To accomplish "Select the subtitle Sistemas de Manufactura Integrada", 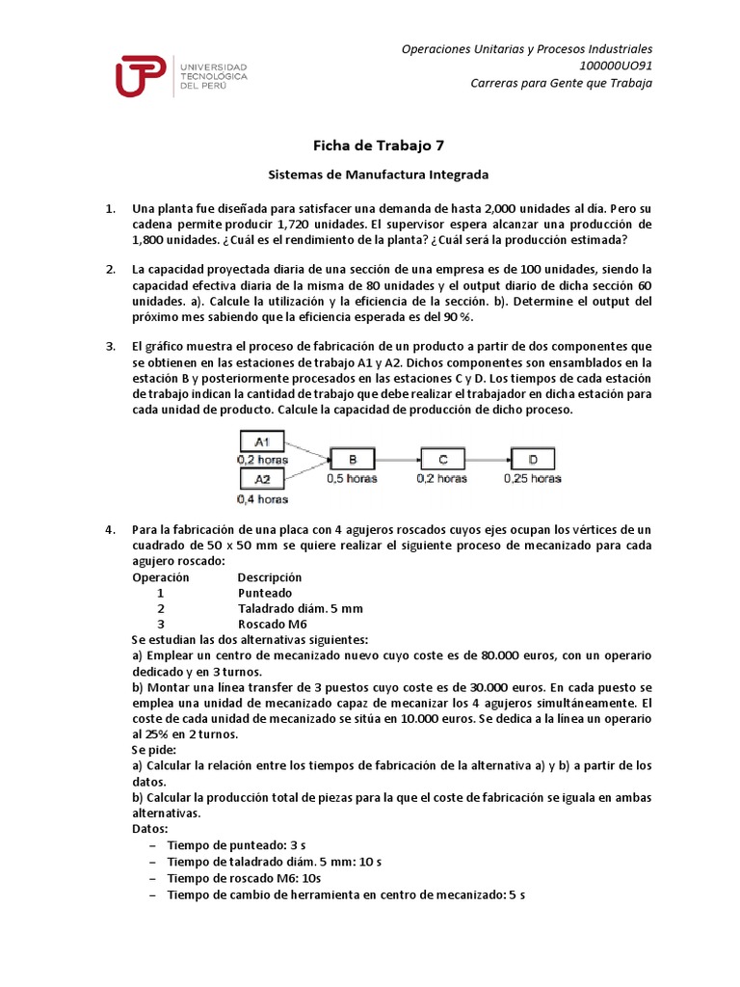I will click(x=378, y=174).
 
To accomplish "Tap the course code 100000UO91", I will click(x=614, y=65).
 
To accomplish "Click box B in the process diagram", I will click(x=352, y=460).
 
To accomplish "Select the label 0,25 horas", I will click(x=533, y=478).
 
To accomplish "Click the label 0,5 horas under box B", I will click(x=352, y=478).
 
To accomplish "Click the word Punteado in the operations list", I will click(x=265, y=593).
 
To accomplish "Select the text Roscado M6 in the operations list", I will click(x=273, y=624).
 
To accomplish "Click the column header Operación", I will click(x=160, y=577).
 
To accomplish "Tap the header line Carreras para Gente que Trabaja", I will click(x=561, y=82).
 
